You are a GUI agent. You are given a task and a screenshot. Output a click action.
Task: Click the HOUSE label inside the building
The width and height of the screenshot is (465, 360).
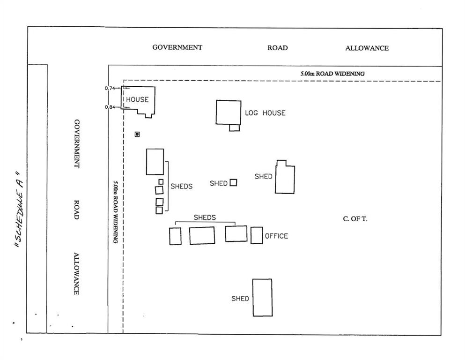(137, 99)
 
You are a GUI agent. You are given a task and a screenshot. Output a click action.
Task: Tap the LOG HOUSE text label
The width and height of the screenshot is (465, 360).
(265, 113)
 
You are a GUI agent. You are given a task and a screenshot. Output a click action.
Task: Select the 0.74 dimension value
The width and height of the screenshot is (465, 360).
(110, 88)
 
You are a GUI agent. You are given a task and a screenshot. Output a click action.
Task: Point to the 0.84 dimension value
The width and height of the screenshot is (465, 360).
(110, 107)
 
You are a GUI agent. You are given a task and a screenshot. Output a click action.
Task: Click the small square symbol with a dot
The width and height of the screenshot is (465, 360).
(137, 135)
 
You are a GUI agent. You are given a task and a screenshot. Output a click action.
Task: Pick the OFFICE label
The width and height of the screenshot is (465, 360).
(276, 236)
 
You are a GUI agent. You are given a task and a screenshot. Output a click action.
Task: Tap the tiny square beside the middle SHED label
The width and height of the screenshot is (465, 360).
(233, 182)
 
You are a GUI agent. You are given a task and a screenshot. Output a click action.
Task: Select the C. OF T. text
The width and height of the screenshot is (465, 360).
(355, 219)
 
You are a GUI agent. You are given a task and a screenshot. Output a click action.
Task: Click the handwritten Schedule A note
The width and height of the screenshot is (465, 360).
(20, 209)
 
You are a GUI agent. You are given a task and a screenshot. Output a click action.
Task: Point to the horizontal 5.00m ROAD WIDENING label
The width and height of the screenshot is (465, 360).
(332, 74)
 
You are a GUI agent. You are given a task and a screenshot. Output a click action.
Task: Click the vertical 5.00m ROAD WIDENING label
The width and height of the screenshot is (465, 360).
(115, 212)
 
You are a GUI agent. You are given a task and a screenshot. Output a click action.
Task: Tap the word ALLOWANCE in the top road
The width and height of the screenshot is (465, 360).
(367, 48)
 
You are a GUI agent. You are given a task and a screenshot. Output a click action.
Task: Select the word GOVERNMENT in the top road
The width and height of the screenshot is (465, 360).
(177, 47)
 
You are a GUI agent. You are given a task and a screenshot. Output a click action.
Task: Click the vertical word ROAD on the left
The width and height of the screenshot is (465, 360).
(76, 210)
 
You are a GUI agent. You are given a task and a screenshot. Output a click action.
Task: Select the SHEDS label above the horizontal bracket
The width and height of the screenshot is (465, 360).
(205, 217)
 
